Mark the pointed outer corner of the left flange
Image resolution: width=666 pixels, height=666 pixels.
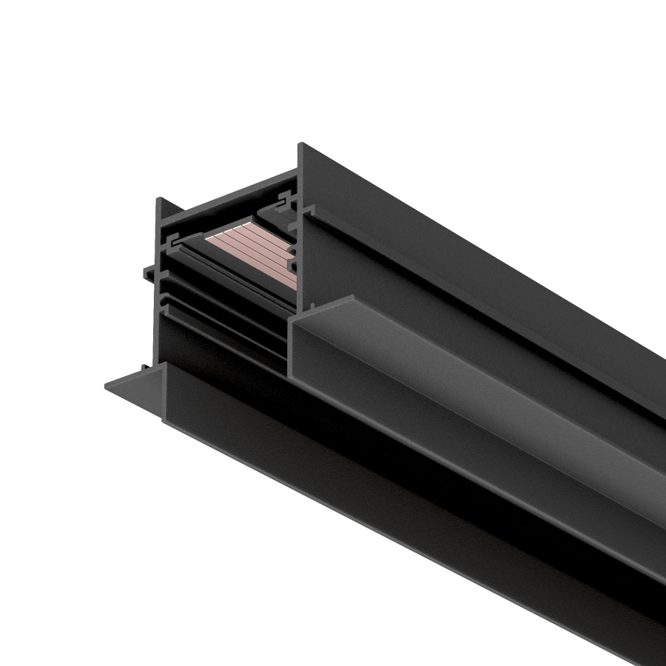[x=107, y=384]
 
